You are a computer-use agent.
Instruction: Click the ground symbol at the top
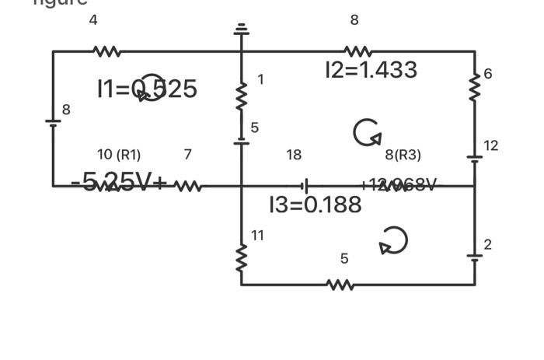click(242, 30)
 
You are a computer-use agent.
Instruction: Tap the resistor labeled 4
click(106, 51)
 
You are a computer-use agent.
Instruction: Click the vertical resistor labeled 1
click(242, 96)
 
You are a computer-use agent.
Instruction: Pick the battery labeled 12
click(475, 158)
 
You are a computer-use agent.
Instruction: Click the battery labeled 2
click(475, 255)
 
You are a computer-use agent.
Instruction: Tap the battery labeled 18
click(305, 186)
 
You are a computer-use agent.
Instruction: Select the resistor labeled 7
click(188, 186)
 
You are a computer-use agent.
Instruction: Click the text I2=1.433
click(371, 70)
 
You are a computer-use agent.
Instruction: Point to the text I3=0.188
click(315, 204)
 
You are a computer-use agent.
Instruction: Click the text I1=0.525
click(147, 89)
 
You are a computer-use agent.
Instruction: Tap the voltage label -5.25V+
click(119, 182)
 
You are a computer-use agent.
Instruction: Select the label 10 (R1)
click(119, 155)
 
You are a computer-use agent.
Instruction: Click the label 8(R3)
click(403, 155)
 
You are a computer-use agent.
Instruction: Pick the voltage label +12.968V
click(398, 185)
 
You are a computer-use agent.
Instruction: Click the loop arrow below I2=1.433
click(368, 132)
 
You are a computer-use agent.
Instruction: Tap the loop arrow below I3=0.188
click(393, 240)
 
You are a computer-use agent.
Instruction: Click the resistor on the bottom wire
click(340, 285)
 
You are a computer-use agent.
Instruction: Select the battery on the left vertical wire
click(53, 123)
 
